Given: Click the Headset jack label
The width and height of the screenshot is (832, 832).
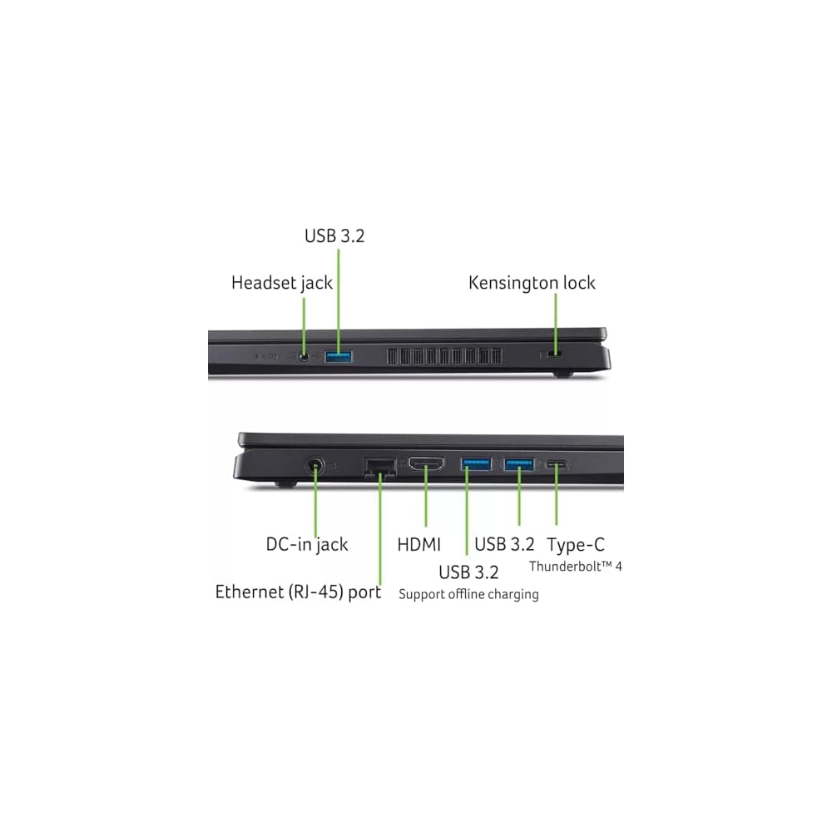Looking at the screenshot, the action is [x=281, y=283].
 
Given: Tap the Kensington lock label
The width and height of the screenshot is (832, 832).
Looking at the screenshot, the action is [x=532, y=283].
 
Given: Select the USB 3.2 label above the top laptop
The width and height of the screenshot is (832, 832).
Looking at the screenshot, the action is [x=334, y=236].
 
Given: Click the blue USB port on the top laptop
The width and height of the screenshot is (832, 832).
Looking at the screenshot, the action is [x=339, y=357].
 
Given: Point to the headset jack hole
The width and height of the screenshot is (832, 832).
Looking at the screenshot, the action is [x=305, y=357].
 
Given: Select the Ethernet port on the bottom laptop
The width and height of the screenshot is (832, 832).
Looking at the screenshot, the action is [x=379, y=468].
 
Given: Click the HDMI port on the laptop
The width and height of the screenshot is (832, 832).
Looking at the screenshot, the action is [x=425, y=467].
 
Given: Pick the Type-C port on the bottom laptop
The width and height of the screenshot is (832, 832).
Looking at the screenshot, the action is [x=557, y=465].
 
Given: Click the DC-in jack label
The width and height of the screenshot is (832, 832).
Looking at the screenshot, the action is [x=307, y=545].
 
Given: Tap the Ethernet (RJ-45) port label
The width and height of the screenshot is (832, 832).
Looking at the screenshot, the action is [x=298, y=592].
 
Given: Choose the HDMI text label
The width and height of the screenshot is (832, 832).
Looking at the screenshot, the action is [x=419, y=545].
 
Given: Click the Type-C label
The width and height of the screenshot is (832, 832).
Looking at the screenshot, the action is [x=576, y=545].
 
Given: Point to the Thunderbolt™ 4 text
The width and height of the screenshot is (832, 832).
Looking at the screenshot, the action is [x=576, y=567].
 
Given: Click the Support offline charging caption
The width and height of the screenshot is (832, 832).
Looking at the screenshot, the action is [x=468, y=594].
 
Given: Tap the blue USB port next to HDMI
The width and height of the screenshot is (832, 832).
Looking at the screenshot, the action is [x=476, y=464].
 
